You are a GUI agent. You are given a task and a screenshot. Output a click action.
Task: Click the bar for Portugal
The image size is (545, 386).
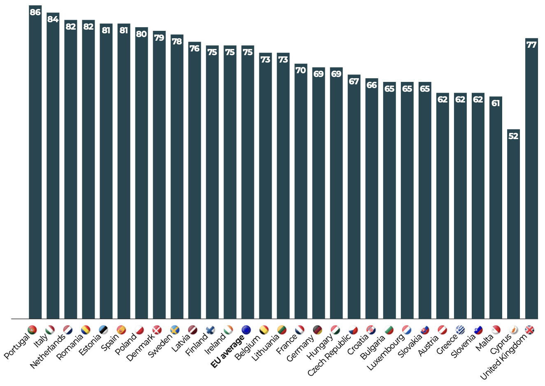click(35, 165)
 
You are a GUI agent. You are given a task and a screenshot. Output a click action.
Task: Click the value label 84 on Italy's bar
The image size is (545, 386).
click(53, 19)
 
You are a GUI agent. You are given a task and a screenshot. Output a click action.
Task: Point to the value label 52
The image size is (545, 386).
click(513, 136)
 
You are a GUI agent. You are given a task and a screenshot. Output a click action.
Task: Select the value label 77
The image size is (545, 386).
click(531, 44)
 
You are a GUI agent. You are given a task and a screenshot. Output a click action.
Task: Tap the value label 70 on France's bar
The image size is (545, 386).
click(300, 70)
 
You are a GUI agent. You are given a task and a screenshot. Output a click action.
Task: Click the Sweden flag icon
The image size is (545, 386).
click(175, 330)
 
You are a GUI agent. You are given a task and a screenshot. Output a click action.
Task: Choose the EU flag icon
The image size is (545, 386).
click(246, 330)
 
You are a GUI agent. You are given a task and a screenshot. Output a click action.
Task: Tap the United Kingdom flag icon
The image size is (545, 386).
click(529, 330)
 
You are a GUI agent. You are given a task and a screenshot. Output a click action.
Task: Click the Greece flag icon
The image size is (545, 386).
click(460, 330)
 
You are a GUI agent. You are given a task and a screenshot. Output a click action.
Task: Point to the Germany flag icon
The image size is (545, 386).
click(317, 330)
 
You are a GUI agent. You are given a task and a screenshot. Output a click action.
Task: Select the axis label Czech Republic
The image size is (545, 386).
click(329, 355)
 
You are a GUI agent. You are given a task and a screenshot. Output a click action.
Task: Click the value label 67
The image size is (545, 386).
click(354, 81)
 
